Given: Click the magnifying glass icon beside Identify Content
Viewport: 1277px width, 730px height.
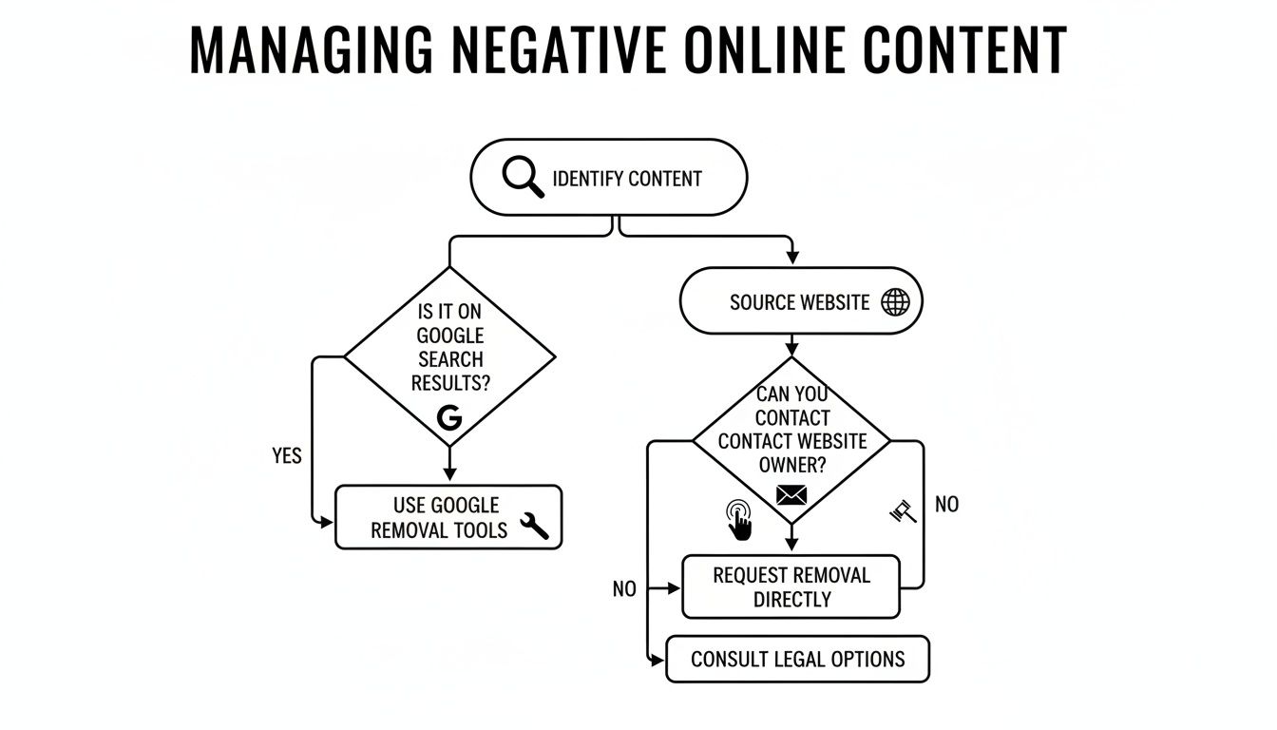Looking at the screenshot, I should [523, 178].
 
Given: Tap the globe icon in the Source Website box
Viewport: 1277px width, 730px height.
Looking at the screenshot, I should [895, 302].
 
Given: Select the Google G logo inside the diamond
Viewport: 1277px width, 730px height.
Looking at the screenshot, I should [448, 417].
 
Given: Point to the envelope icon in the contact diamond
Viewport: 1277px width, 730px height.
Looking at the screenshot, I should [791, 494].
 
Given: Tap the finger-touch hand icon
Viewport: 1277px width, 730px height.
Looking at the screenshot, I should [738, 520].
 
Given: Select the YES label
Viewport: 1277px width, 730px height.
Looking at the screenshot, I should [286, 456].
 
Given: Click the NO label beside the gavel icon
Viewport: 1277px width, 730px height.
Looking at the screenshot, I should [946, 504].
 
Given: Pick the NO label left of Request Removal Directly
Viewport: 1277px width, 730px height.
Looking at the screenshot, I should [624, 589].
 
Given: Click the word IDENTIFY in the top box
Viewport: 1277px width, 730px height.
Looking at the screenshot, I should [587, 179].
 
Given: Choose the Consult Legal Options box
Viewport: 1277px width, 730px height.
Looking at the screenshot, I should [797, 659].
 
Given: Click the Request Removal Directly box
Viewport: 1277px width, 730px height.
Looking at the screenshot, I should [791, 586].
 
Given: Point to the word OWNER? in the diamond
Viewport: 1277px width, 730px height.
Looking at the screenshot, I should [791, 466].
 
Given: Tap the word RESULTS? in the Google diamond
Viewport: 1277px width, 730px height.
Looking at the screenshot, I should [450, 383].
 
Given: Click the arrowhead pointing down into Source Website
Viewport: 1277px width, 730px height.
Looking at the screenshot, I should [791, 258].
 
